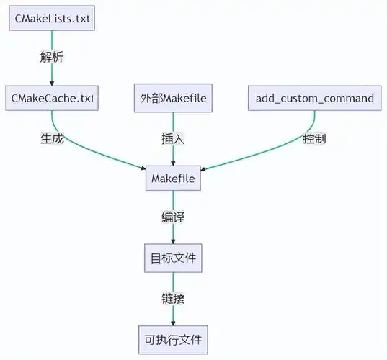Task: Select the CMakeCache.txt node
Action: [x=51, y=97]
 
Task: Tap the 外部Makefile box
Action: [x=174, y=97]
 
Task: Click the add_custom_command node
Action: [x=314, y=97]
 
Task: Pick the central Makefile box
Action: [x=174, y=178]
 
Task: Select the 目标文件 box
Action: [x=174, y=256]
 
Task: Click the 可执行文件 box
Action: [x=174, y=336]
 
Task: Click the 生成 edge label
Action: [x=52, y=138]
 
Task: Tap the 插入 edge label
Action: [x=174, y=138]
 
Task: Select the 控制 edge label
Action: [x=314, y=138]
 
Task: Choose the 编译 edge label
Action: [x=174, y=217]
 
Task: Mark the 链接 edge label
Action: [x=174, y=296]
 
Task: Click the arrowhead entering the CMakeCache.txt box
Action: [x=51, y=81]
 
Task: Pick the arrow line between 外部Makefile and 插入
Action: [x=174, y=121]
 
